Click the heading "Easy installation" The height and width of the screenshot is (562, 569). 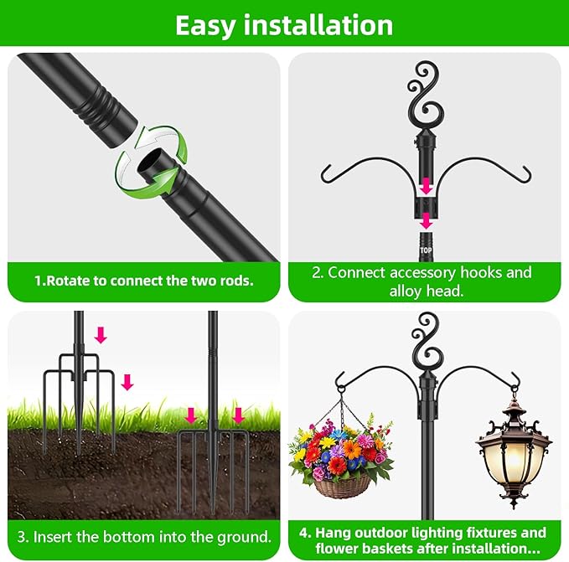point(284,25)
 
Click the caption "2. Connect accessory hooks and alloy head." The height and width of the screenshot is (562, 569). point(428,281)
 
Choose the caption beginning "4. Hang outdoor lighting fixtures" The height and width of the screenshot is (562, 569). point(428,540)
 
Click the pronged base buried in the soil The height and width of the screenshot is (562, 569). point(212,461)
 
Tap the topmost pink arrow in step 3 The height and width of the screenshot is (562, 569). point(101,335)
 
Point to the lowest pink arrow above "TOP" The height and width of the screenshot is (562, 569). point(427,221)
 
